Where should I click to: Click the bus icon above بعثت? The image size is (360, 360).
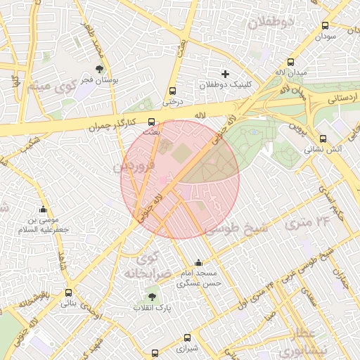click(152, 122)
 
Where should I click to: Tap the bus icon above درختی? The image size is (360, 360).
click(172, 91)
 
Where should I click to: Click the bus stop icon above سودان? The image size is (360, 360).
click(325, 25)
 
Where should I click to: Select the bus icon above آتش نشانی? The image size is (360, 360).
click(323, 139)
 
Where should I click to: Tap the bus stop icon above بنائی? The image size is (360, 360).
click(68, 293)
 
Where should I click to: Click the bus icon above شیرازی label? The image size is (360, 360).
click(186, 337)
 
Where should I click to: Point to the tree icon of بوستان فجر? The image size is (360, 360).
click(99, 69)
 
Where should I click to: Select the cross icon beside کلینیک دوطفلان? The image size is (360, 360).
click(225, 74)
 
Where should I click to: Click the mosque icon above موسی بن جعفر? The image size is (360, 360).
click(44, 209)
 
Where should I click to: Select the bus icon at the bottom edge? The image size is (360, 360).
click(155, 354)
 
